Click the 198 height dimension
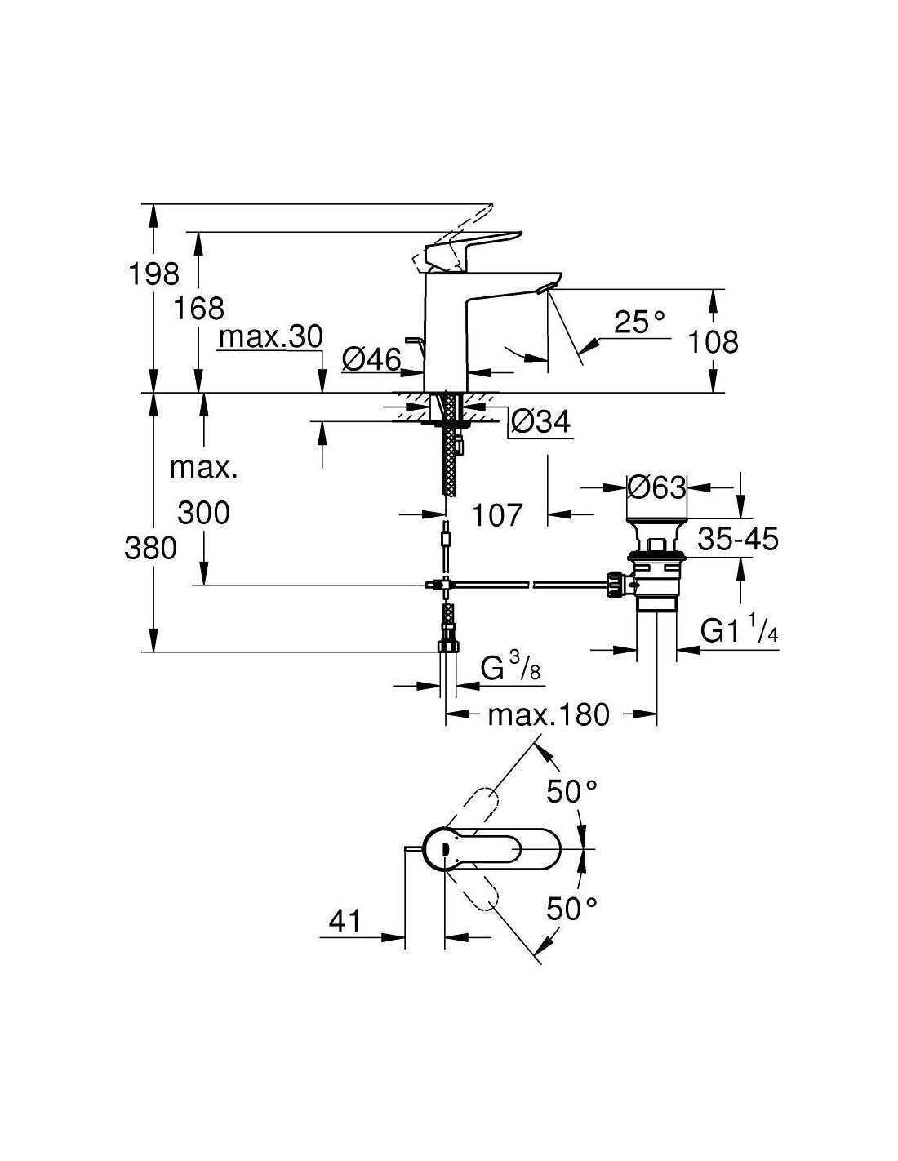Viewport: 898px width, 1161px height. tap(154, 274)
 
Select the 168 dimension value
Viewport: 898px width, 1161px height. tap(199, 309)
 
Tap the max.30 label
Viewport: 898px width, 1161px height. tap(271, 337)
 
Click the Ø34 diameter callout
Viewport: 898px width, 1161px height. tap(541, 422)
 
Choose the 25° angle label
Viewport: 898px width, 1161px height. tap(639, 322)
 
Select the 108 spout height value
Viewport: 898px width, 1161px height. tap(713, 341)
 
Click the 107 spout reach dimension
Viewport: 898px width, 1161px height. tap(496, 515)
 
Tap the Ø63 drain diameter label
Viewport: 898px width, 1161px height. tap(657, 487)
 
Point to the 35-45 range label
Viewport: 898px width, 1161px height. tap(738, 539)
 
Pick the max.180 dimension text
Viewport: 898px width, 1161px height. tap(548, 714)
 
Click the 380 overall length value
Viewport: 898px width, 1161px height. tap(150, 548)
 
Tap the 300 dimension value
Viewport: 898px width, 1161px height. tap(203, 513)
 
